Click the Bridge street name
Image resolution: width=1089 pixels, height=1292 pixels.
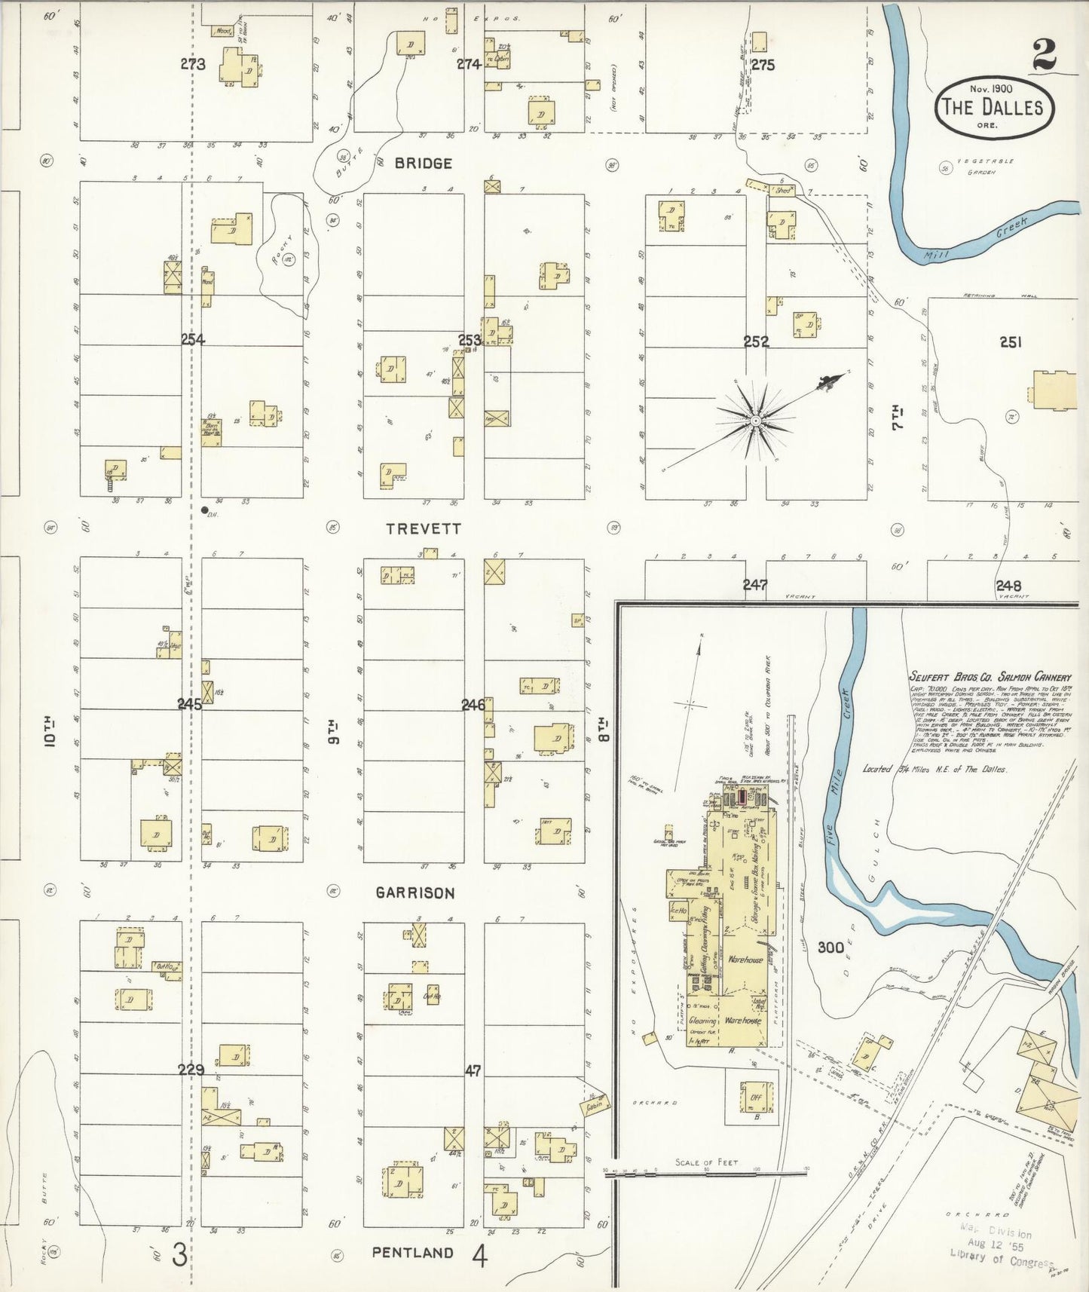[x=423, y=163]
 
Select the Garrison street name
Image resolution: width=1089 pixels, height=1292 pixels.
[x=415, y=893]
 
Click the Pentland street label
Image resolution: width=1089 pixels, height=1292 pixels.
[x=412, y=1252]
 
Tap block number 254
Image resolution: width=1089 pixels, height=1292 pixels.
[x=193, y=340]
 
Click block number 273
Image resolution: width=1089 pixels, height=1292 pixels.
[x=193, y=65]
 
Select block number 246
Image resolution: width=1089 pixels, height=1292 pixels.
[x=473, y=705]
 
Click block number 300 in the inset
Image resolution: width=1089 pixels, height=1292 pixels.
[x=831, y=948]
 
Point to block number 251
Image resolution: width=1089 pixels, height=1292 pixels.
[x=1010, y=342]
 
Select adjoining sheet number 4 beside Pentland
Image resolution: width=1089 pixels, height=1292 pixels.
[x=480, y=1255]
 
